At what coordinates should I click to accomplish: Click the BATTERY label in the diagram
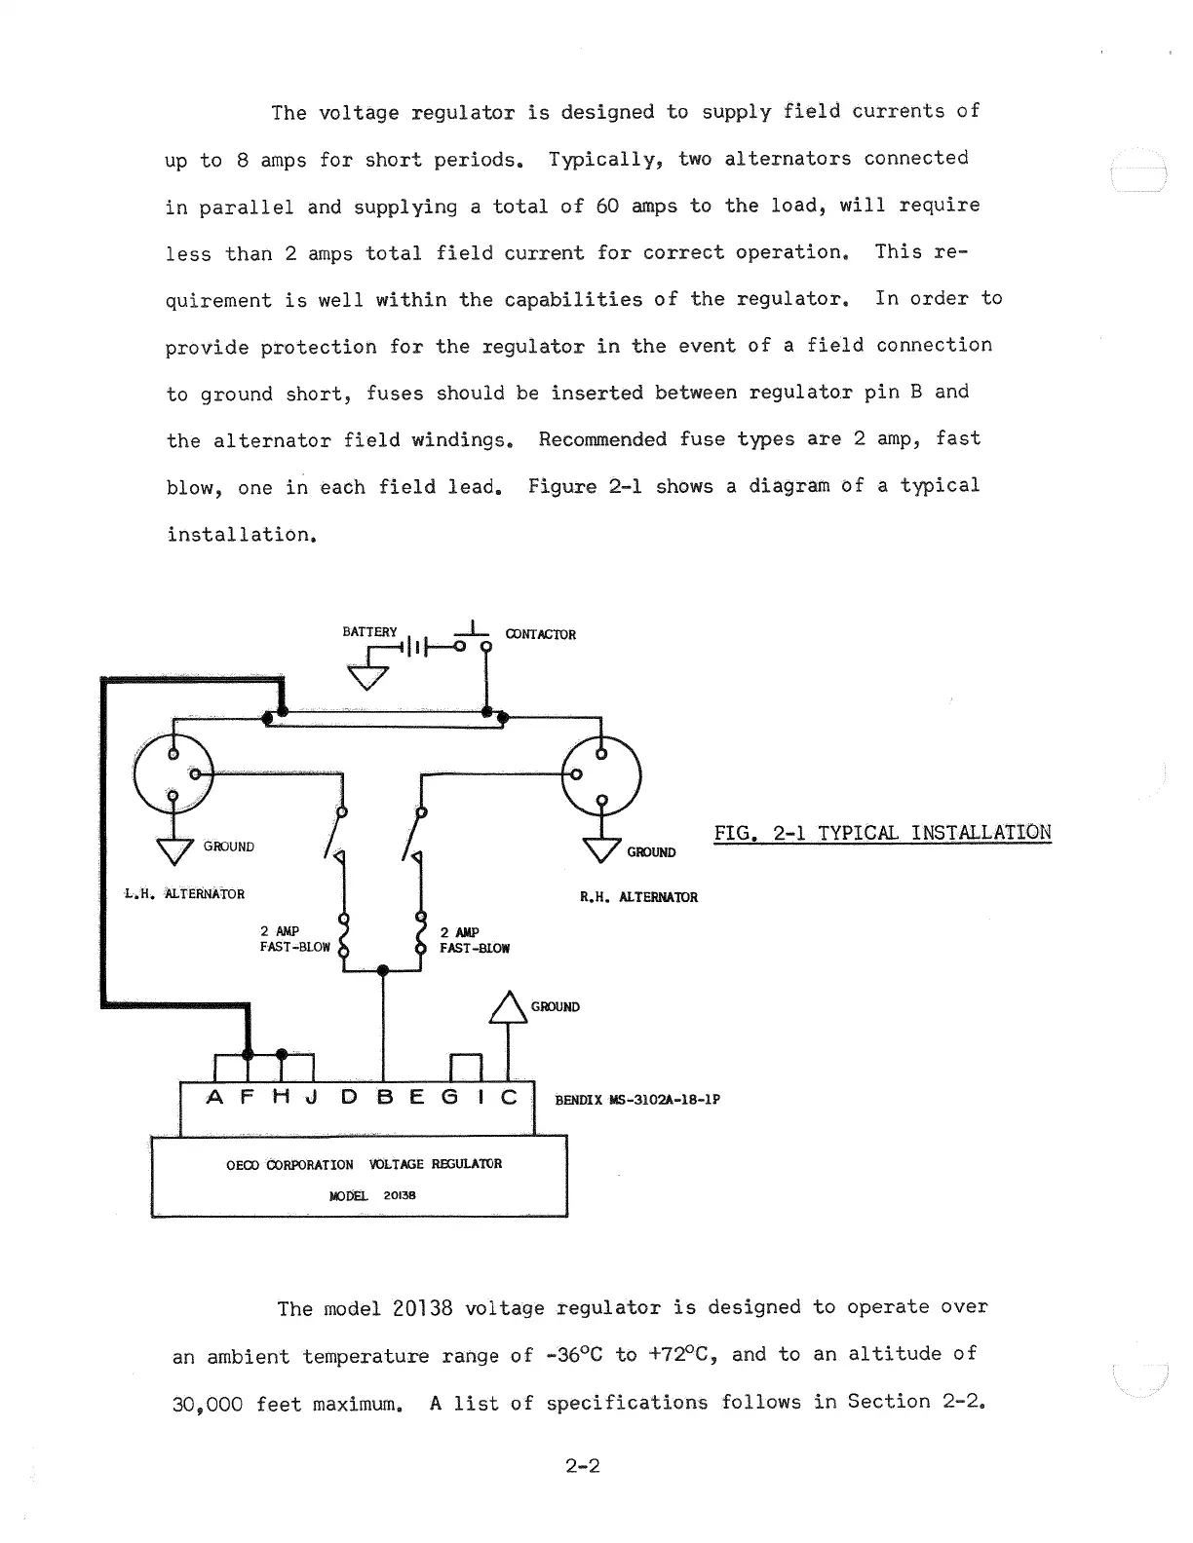coord(369,631)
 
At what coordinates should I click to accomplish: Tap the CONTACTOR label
coord(540,634)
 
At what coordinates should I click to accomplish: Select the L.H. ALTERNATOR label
coord(184,893)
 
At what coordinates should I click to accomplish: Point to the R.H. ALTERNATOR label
coord(638,897)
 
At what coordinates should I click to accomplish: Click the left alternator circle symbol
coord(173,773)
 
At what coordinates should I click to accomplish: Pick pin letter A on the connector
coord(217,1098)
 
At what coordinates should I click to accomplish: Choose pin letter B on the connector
coord(384,1098)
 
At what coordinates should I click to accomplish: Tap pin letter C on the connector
coord(509,1098)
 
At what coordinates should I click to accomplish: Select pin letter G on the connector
coord(450,1098)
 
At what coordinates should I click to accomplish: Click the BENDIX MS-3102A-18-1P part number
coord(637,1101)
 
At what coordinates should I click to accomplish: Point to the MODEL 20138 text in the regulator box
coord(372,1195)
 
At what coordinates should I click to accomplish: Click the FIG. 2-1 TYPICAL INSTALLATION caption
coord(882,833)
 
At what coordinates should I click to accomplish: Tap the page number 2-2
coord(582,1465)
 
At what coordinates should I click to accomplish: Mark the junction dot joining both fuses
coord(383,970)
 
